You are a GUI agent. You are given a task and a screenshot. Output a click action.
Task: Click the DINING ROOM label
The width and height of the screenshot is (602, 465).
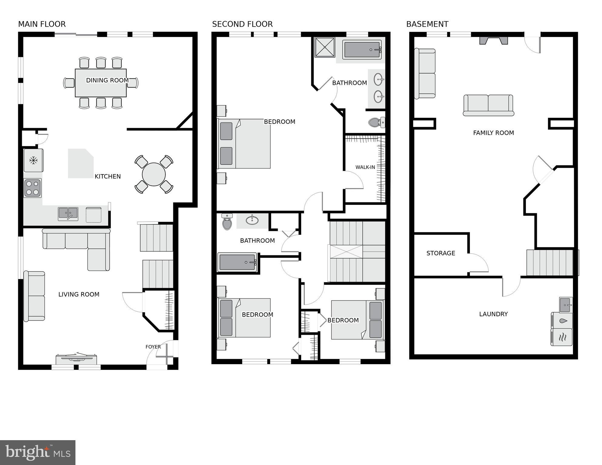click(x=107, y=80)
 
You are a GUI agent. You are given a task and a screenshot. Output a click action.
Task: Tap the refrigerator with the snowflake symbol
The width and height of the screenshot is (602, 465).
click(x=33, y=160)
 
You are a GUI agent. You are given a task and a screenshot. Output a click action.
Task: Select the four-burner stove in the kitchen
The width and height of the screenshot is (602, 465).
click(x=32, y=188)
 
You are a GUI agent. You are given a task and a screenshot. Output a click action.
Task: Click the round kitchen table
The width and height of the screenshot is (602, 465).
click(x=154, y=174)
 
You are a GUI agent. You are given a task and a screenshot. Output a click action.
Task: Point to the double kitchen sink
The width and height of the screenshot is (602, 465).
click(x=68, y=214)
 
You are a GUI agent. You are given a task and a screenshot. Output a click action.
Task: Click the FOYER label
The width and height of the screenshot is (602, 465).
click(x=153, y=347)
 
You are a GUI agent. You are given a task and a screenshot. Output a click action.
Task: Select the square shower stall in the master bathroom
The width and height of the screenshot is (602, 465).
click(x=324, y=47)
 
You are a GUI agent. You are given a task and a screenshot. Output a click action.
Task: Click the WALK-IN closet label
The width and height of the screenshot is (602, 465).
click(x=365, y=167)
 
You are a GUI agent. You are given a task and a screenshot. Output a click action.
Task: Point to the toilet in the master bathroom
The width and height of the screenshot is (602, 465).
click(x=376, y=123)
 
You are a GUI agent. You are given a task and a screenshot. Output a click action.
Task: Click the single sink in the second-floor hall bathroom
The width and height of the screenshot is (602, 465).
click(x=252, y=220)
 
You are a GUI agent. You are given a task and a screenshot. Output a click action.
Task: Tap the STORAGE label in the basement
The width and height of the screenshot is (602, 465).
click(x=441, y=253)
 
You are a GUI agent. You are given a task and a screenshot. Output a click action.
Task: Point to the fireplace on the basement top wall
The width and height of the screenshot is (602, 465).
click(x=493, y=40)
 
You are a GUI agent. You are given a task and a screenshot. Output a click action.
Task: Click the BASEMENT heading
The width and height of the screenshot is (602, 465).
click(x=427, y=24)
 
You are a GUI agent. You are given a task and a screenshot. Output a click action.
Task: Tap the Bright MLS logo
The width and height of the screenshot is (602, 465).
click(x=38, y=453)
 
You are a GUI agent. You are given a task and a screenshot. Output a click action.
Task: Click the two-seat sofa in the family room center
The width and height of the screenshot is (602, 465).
click(x=488, y=105)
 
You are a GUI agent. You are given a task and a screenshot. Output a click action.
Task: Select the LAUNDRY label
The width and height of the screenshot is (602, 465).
click(x=493, y=314)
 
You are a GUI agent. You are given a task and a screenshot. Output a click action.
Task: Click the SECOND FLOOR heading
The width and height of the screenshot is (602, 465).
click(x=242, y=24)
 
